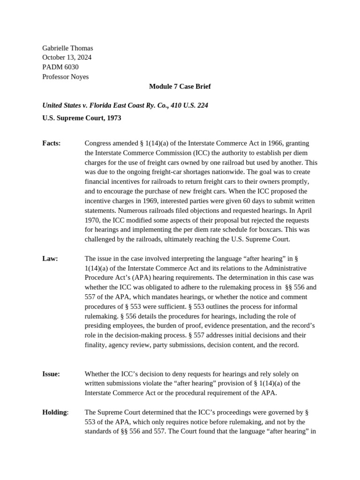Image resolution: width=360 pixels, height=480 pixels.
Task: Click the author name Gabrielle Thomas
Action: click(x=67, y=48)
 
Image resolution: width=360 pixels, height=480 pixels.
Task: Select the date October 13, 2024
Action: click(x=67, y=57)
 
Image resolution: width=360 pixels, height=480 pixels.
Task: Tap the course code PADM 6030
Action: click(x=60, y=67)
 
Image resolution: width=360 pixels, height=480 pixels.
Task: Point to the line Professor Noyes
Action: click(x=65, y=76)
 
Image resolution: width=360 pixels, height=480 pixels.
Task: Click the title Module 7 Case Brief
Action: click(x=180, y=86)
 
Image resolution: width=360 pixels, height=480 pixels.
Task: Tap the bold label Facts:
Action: click(x=52, y=143)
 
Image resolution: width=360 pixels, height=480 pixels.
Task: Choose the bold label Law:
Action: click(x=50, y=258)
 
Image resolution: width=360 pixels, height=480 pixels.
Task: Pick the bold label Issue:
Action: click(x=51, y=374)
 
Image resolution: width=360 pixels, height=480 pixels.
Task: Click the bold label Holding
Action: click(x=55, y=412)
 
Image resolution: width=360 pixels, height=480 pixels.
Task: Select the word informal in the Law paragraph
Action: click(x=298, y=307)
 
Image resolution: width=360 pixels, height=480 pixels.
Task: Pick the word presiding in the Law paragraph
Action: click(x=99, y=326)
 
